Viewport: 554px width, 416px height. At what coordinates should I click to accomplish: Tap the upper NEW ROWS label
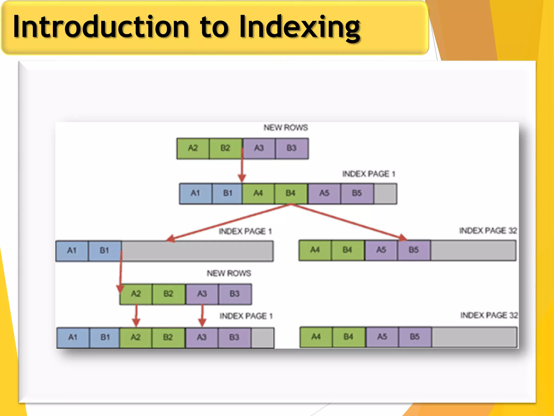(286, 128)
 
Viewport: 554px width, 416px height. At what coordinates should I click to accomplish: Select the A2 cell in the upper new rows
(193, 148)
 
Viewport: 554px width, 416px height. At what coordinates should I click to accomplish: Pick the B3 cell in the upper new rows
(292, 148)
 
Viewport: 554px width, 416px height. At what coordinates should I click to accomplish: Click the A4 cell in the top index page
(258, 193)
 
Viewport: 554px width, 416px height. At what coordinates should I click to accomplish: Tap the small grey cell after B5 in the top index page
(385, 193)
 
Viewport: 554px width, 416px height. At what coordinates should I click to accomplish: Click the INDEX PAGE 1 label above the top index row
(369, 174)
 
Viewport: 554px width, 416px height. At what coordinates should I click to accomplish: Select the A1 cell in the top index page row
(195, 193)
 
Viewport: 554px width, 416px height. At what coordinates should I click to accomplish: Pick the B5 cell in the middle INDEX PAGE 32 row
(414, 250)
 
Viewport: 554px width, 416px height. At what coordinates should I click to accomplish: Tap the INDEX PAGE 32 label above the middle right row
(488, 231)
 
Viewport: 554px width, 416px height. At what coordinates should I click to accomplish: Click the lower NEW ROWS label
(229, 273)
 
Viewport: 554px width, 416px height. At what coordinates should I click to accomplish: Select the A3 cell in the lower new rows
(202, 294)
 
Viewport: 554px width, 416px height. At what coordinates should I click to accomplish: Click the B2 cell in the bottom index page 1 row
(168, 337)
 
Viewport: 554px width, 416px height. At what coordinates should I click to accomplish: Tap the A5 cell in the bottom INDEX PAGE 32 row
(382, 337)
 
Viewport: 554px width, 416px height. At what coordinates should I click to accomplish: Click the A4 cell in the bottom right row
(316, 337)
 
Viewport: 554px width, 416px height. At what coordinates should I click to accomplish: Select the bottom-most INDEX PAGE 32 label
(489, 315)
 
